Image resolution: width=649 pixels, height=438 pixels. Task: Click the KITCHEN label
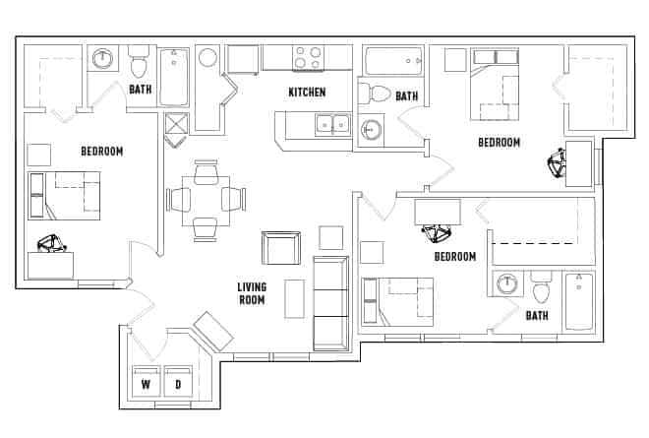click(306, 93)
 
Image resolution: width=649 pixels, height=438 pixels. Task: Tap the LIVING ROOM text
click(251, 293)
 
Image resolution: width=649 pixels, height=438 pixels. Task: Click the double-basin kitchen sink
click(331, 124)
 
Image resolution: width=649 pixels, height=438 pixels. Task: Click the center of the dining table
click(206, 200)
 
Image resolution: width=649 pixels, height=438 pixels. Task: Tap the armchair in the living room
click(280, 248)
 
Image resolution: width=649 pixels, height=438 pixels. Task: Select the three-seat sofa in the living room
click(329, 303)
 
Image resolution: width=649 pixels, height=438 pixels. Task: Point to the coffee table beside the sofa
click(294, 299)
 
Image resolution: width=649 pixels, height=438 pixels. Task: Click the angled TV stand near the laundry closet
click(212, 330)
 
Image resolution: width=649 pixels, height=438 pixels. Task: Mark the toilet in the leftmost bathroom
click(138, 64)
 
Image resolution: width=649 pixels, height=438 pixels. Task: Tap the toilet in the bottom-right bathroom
click(541, 290)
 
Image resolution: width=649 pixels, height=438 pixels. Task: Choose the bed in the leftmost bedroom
click(65, 195)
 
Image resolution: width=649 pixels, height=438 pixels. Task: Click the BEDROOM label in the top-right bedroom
click(499, 143)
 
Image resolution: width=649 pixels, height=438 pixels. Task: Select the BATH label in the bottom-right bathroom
click(536, 316)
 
